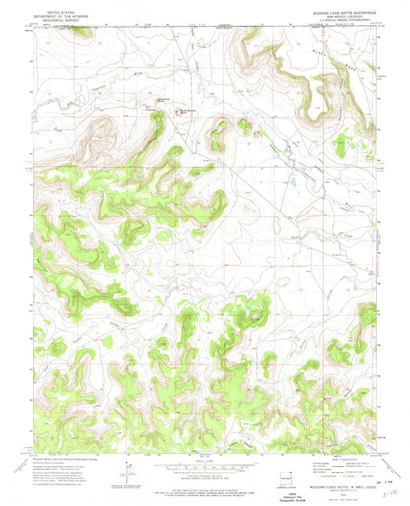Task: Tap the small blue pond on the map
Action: [293, 183]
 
